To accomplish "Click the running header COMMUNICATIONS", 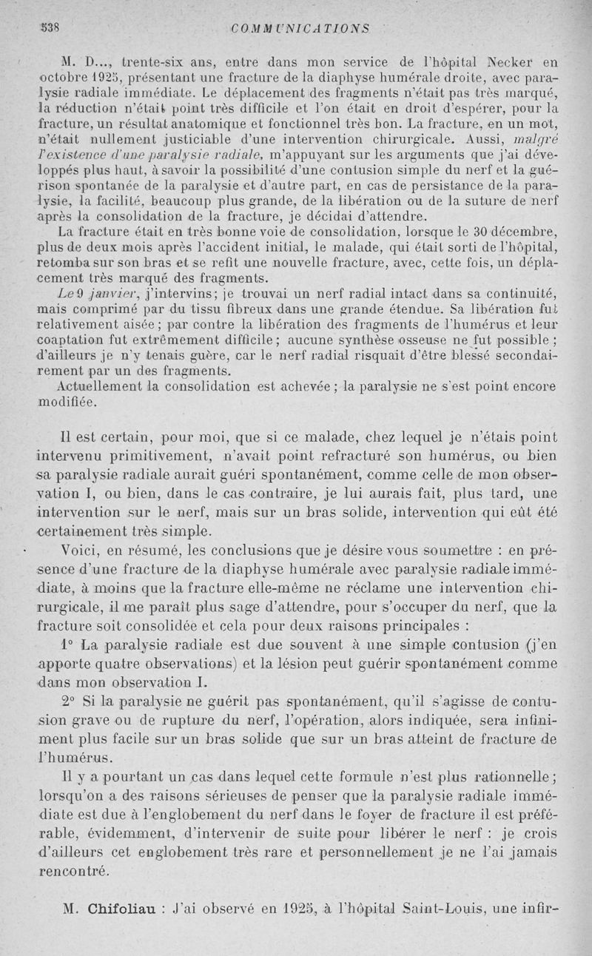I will coord(300,29).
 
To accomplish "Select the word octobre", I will coord(62,78).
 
